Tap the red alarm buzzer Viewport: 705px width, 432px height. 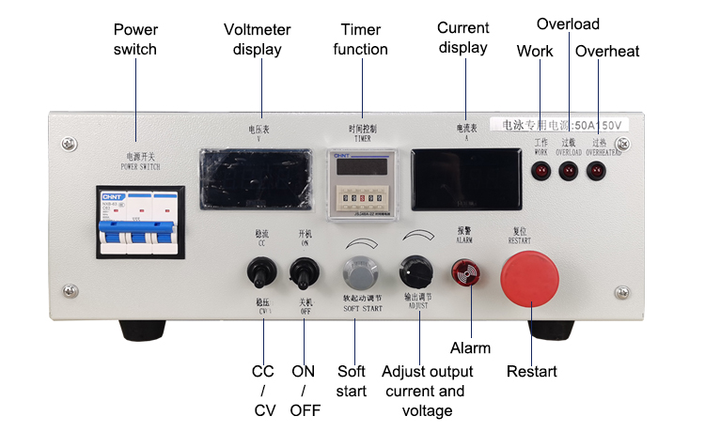[462, 273]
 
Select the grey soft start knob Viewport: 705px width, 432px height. [357, 273]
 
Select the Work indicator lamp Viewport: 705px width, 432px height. [540, 170]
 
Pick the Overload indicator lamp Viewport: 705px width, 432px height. [568, 170]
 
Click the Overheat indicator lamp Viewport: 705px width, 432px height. [596, 170]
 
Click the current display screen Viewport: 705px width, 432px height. [466, 178]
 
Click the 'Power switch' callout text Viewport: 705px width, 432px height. [134, 39]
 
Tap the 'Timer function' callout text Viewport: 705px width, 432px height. [360, 39]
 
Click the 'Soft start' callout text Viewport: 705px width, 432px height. [352, 380]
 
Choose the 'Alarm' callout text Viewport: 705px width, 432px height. [470, 347]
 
